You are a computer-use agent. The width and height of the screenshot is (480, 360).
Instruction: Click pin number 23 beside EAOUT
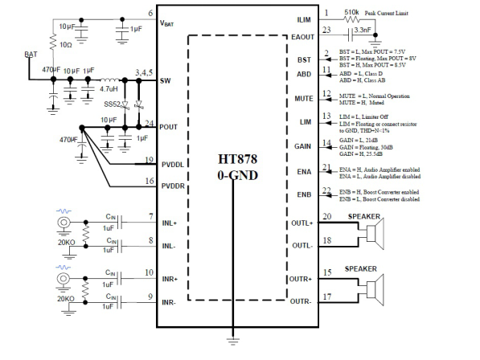point(326,31)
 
